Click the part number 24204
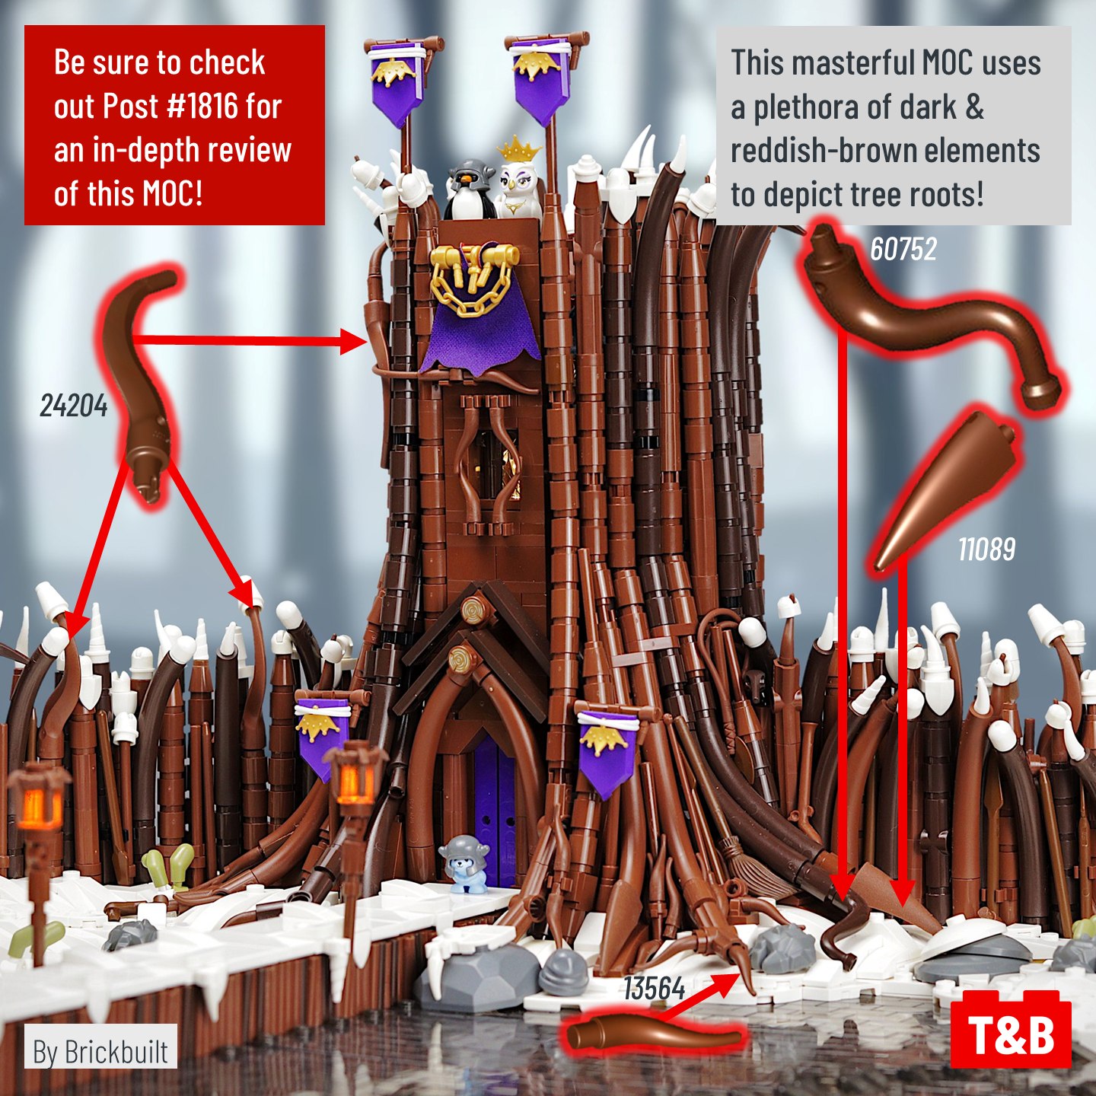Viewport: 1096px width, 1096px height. coord(73,406)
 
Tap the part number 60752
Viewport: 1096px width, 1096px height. coord(903,249)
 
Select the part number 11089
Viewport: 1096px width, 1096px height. coord(986,549)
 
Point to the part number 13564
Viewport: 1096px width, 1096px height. coord(654,989)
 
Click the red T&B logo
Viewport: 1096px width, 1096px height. coord(1011,1034)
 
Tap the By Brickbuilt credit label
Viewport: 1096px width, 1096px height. coord(100,1051)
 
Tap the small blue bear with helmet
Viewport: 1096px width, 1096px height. coord(464,863)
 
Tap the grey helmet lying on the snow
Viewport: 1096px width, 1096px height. coord(565,971)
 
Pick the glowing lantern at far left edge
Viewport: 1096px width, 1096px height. coord(38,799)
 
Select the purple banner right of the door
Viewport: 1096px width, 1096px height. coord(607,750)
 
